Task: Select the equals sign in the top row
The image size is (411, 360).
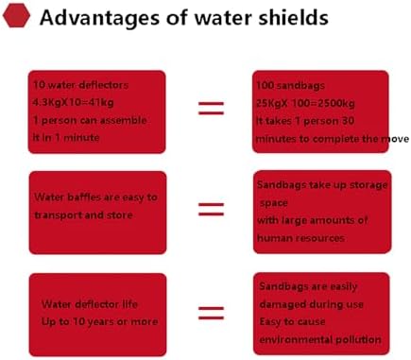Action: [x=212, y=108]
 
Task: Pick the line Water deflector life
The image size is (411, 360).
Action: [x=88, y=305]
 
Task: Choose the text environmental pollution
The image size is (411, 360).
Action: [x=319, y=339]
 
